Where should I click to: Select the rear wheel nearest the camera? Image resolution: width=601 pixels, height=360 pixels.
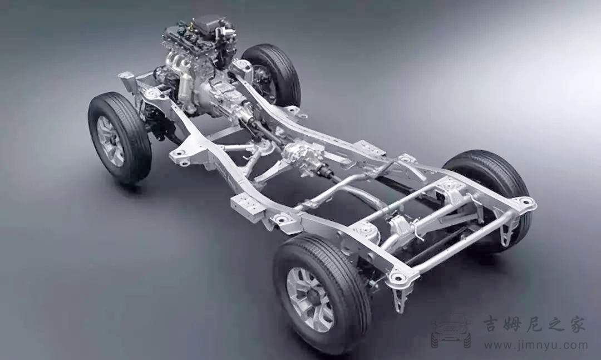(321, 293)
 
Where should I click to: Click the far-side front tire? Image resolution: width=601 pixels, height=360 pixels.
(273, 74)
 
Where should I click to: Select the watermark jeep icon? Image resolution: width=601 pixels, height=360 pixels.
(451, 330)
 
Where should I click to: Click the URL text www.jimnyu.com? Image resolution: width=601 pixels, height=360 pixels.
(535, 345)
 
